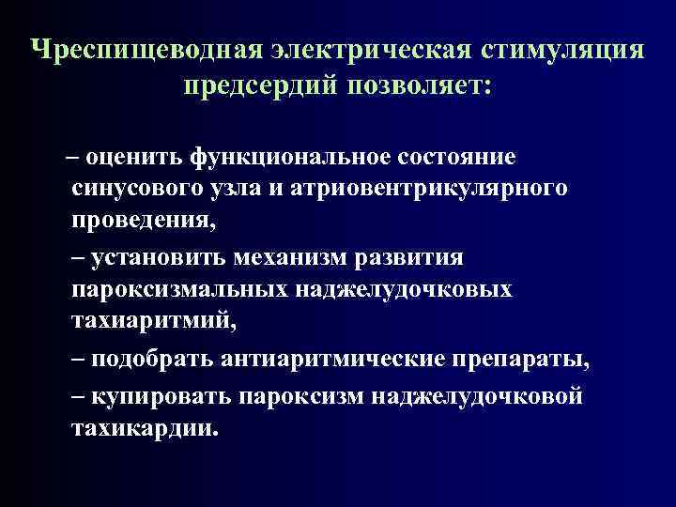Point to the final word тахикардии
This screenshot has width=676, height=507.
[143, 428]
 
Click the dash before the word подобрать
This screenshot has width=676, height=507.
[79, 360]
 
